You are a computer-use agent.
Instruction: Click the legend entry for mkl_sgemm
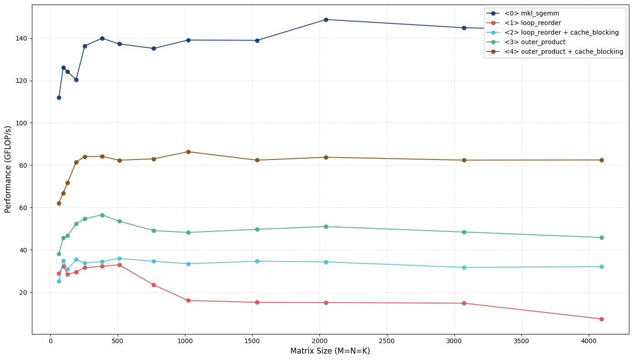pyautogui.click(x=531, y=13)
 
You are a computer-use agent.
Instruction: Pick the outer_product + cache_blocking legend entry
pyautogui.click(x=563, y=51)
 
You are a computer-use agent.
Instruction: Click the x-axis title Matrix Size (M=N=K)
pyautogui.click(x=330, y=351)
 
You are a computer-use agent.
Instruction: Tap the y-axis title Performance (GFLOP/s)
pyautogui.click(x=8, y=169)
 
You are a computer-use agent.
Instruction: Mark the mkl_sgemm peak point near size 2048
pyautogui.click(x=326, y=20)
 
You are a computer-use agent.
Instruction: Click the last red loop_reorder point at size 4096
pyautogui.click(x=602, y=319)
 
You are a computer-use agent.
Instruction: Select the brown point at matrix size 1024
pyautogui.click(x=188, y=152)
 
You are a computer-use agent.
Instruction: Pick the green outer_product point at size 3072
pyautogui.click(x=464, y=232)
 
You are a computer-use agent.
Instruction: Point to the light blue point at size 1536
pyautogui.click(x=257, y=261)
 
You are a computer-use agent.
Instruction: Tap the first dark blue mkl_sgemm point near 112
pyautogui.click(x=59, y=98)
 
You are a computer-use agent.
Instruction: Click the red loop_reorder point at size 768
pyautogui.click(x=154, y=285)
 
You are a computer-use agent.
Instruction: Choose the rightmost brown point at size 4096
pyautogui.click(x=602, y=160)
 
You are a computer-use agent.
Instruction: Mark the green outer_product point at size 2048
pyautogui.click(x=326, y=226)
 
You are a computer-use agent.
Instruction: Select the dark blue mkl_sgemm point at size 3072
pyautogui.click(x=464, y=28)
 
